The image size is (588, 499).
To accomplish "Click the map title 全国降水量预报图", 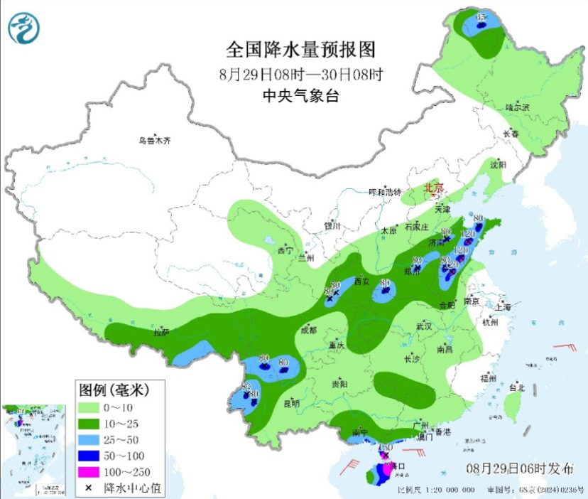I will [300, 50].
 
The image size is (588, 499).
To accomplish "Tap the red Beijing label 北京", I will [433, 188].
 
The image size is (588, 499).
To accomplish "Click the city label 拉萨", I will [161, 332].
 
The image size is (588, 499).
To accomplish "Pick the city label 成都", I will [308, 331].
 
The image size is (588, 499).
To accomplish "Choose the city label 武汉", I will [425, 326].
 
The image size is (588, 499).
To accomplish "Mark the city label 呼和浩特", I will [385, 192].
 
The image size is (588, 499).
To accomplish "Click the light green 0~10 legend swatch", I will [89, 407].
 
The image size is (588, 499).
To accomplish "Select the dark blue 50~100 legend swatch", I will [89, 456].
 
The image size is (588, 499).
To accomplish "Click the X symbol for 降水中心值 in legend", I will [89, 488].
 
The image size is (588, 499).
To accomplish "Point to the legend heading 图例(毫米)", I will [111, 390].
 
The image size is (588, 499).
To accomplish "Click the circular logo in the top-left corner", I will [23, 28].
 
